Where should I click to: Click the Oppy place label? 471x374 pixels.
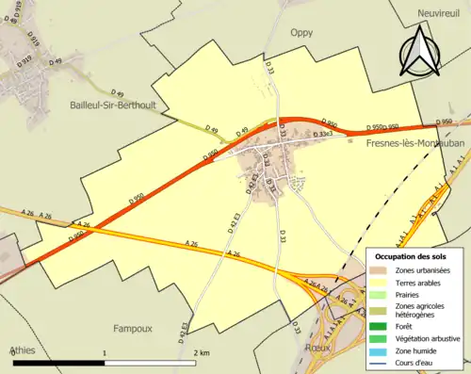point(300,30)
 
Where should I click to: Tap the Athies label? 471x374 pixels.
point(24,350)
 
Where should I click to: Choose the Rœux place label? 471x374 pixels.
point(321,345)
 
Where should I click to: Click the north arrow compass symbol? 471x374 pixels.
point(419,52)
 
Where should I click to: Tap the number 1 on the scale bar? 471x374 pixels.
point(104,351)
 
